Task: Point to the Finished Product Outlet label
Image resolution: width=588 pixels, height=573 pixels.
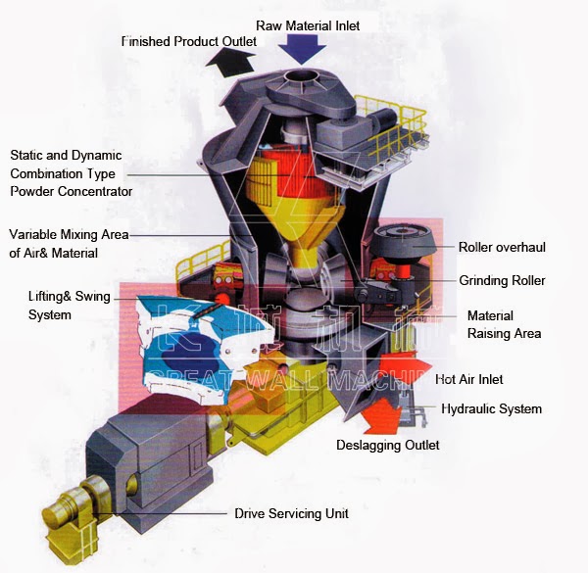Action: tap(189, 42)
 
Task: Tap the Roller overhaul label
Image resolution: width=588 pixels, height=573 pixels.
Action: tap(502, 247)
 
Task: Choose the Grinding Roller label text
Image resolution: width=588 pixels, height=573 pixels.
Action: tap(502, 281)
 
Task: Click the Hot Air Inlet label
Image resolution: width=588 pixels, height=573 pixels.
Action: tap(469, 378)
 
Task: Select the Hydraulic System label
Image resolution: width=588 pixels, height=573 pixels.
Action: tap(491, 408)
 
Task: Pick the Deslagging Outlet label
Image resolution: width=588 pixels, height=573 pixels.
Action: tap(389, 445)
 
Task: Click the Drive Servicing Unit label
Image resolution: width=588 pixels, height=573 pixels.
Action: tap(291, 513)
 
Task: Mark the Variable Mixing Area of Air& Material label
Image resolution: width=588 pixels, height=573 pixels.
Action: tap(69, 244)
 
